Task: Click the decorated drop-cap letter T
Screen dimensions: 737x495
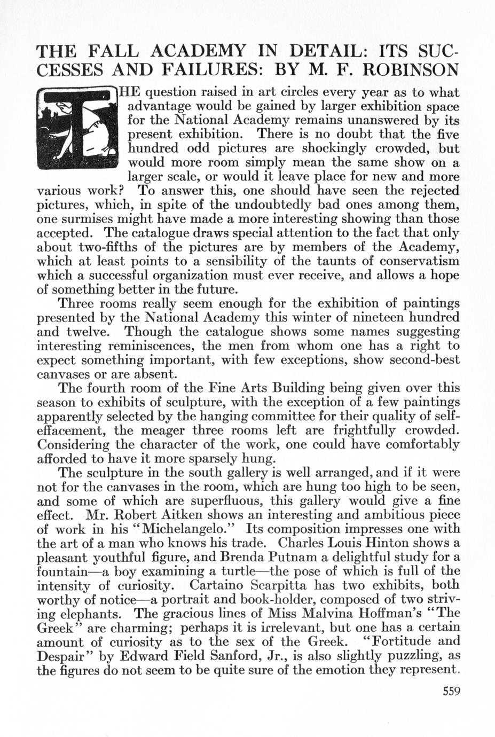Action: click(x=78, y=129)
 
